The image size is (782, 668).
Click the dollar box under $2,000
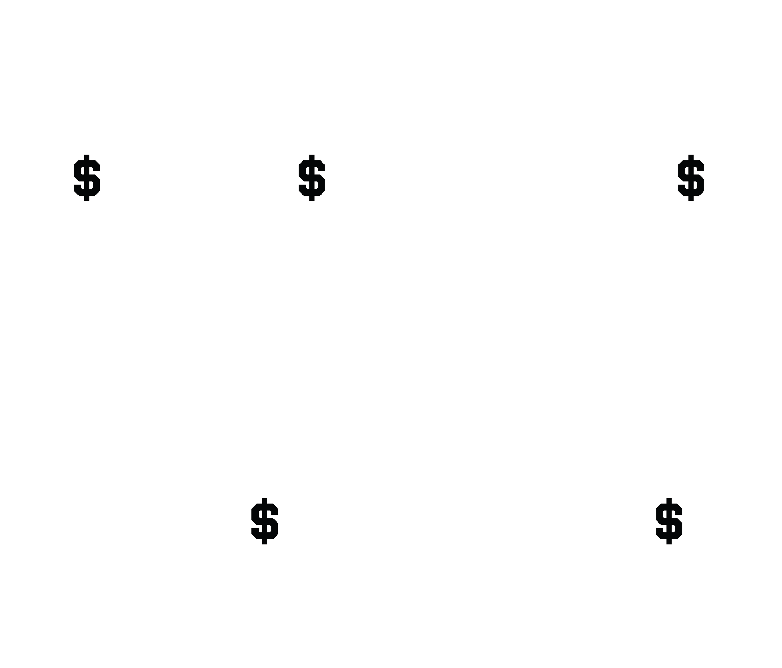[x=265, y=521]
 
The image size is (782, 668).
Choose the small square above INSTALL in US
[x=501, y=179]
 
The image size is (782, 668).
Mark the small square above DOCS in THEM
[x=63, y=521]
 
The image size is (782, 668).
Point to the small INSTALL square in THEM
[x=467, y=521]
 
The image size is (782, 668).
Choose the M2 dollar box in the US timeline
[x=691, y=179]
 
